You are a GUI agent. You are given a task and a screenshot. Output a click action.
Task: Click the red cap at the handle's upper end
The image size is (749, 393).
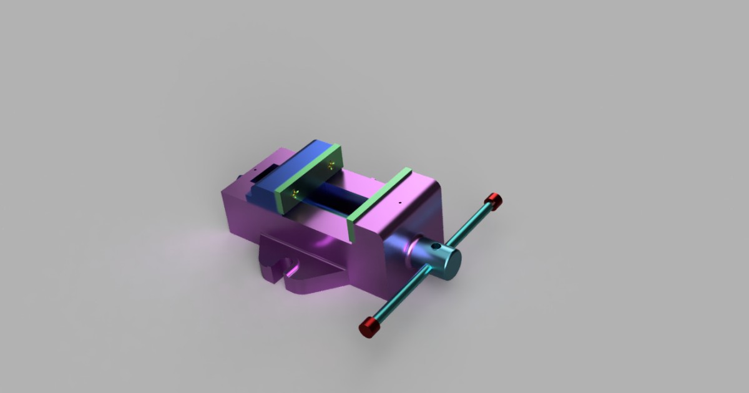pos(494,201)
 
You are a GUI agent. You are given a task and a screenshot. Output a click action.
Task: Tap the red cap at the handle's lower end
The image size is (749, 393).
pos(370,326)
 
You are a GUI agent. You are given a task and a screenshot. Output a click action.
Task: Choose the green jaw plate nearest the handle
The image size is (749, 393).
pos(378,195)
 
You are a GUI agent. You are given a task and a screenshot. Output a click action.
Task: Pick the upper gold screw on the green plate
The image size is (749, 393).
pos(330,165)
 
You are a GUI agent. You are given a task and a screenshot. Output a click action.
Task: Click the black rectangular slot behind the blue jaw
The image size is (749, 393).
pos(267,169)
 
